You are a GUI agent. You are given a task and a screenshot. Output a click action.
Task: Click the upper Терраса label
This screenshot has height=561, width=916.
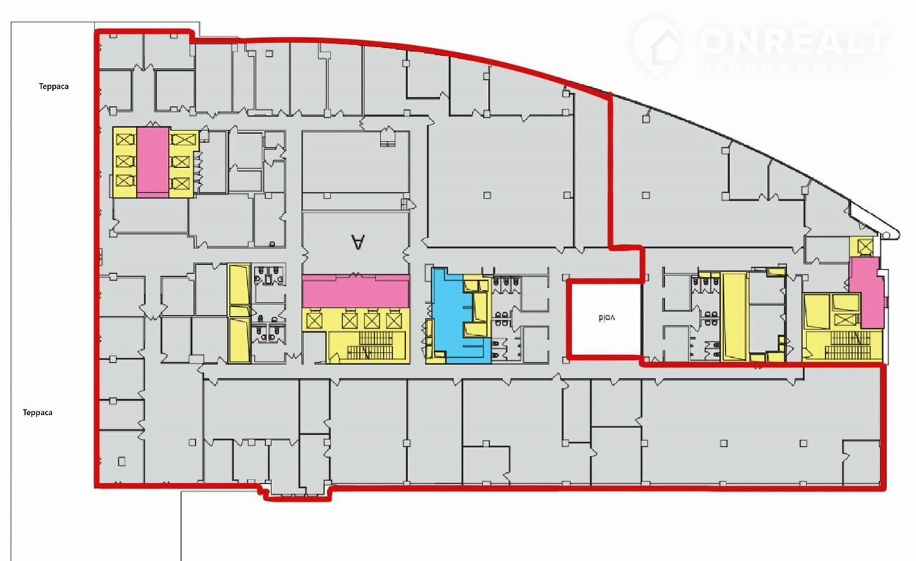(x=54, y=87)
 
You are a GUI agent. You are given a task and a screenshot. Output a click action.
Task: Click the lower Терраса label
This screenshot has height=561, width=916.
(x=38, y=413)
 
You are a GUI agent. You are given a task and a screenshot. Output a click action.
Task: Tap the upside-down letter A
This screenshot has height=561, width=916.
(x=358, y=242)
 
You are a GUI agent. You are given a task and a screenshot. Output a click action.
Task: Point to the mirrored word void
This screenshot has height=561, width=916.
(x=606, y=318)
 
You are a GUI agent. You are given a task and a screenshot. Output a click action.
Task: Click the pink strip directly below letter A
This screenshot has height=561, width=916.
(x=356, y=291)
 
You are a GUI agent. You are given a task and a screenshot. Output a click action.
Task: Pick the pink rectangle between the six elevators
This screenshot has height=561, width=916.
(x=153, y=162)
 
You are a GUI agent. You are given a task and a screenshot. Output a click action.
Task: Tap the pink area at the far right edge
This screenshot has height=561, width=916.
(x=866, y=293)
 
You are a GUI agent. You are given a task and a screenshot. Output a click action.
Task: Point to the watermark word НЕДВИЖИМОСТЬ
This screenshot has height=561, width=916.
(x=794, y=69)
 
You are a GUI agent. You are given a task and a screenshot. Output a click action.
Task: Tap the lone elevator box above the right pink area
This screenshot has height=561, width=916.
(x=865, y=247)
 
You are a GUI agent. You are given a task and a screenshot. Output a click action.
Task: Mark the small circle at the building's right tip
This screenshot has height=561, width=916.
(x=886, y=235)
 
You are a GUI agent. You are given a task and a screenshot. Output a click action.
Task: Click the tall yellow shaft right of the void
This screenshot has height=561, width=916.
(x=735, y=317)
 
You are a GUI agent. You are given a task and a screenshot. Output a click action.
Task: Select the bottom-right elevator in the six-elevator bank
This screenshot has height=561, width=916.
(x=180, y=184)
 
